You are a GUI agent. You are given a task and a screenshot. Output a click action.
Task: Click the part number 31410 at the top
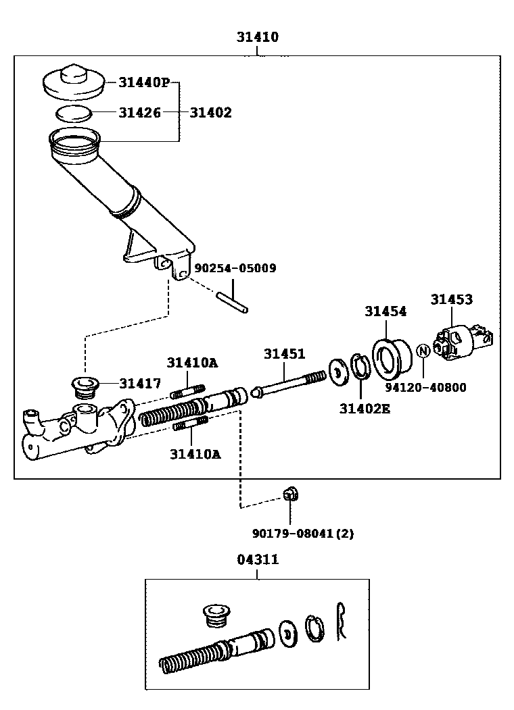pyautogui.click(x=258, y=37)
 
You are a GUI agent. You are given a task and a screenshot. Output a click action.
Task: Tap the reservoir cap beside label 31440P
pyautogui.click(x=73, y=82)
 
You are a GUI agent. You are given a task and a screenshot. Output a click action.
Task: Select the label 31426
pyautogui.click(x=140, y=113)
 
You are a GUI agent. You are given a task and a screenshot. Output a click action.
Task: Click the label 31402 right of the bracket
pyautogui.click(x=210, y=113)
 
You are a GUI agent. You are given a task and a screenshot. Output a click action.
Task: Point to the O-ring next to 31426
pyautogui.click(x=73, y=113)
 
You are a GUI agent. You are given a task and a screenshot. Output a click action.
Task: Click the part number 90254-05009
pyautogui.click(x=235, y=268)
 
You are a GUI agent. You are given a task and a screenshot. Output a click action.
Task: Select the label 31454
pyautogui.click(x=385, y=311)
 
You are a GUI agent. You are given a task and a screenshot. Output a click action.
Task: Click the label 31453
pyautogui.click(x=452, y=299)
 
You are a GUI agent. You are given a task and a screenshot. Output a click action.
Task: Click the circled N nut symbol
pyautogui.click(x=423, y=351)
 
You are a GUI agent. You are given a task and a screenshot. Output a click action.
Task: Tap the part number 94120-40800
pyautogui.click(x=426, y=388)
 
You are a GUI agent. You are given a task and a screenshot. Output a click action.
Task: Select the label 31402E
pyautogui.click(x=365, y=408)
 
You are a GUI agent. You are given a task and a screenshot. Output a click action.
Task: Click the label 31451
pyautogui.click(x=284, y=354)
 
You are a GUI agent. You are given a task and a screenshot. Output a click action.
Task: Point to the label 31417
pyautogui.click(x=140, y=384)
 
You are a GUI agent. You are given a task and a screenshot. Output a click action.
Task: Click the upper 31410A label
pyautogui.click(x=193, y=363)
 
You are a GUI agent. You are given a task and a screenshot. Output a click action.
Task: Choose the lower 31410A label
pyautogui.click(x=195, y=454)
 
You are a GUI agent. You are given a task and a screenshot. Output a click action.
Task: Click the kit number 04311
pyautogui.click(x=258, y=559)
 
